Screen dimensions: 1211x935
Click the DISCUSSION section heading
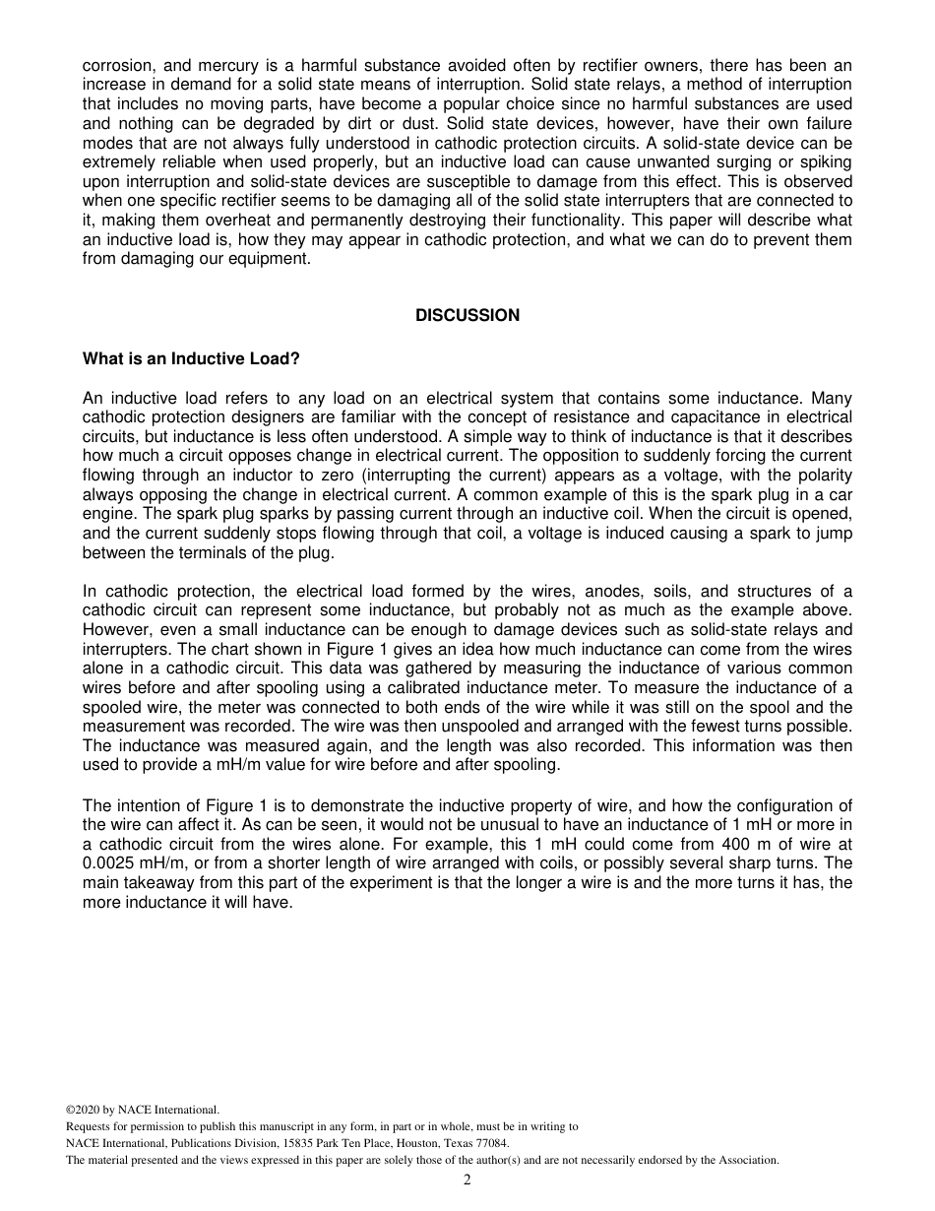point(467,315)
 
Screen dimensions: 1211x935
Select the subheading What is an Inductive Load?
point(191,358)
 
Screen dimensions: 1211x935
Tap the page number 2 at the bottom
point(467,1180)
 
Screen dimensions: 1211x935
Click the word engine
point(108,514)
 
